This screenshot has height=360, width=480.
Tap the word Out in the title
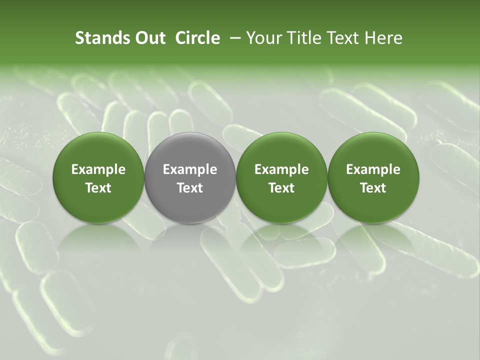tap(149, 38)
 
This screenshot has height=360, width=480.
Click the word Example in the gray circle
tap(190, 170)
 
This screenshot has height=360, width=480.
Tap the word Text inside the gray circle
tap(190, 188)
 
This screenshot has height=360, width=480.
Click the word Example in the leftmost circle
tap(98, 170)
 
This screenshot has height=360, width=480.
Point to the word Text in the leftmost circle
tap(98, 188)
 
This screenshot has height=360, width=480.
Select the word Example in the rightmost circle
tap(373, 170)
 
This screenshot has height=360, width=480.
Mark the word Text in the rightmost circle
tap(373, 188)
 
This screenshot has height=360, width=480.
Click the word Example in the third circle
tap(281, 170)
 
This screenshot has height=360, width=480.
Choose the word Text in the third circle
tap(281, 188)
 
